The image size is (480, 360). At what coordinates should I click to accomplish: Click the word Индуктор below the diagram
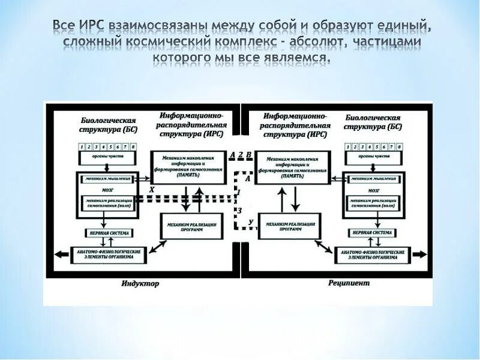coord(141,284)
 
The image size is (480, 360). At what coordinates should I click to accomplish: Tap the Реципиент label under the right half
coord(349,283)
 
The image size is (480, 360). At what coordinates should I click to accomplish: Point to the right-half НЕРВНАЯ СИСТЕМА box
coord(372,232)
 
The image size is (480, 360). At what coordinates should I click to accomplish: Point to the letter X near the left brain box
coord(151,188)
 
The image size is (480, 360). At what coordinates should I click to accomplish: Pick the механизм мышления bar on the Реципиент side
coord(373,178)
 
